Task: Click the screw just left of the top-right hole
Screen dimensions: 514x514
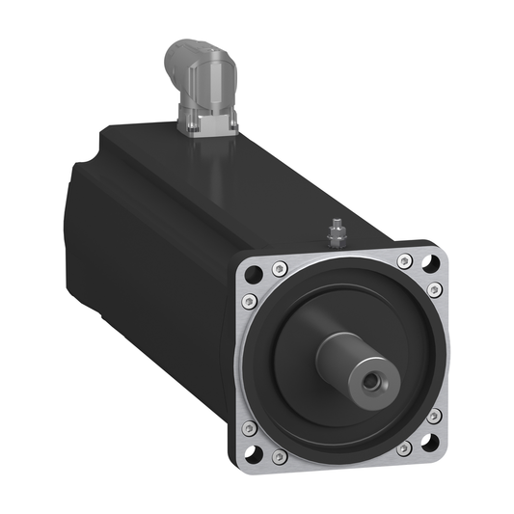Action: click(x=404, y=260)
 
